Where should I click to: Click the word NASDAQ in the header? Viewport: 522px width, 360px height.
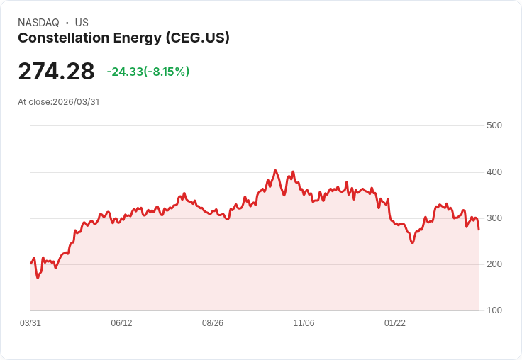(38, 23)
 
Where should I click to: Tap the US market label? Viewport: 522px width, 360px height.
(82, 23)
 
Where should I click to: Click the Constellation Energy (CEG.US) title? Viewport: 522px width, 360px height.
(123, 38)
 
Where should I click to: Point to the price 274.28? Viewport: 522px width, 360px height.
(56, 72)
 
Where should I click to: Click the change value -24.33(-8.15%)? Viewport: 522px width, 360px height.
(148, 72)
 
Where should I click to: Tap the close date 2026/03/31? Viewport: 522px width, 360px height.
(76, 102)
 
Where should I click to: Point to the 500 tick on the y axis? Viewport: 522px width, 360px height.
(494, 125)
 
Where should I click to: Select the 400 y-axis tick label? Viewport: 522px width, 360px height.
(494, 172)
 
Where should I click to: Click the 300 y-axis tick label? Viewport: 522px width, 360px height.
(494, 218)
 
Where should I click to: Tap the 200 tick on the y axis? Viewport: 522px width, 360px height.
(494, 264)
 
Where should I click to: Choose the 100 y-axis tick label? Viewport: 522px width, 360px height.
(494, 310)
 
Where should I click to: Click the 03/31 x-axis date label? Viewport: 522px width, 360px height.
(30, 323)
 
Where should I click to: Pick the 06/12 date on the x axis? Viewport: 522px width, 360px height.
(121, 323)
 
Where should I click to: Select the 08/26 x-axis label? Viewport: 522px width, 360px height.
(213, 323)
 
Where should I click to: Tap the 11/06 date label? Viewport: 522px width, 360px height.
(304, 323)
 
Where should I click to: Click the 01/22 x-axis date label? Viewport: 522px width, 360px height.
(395, 323)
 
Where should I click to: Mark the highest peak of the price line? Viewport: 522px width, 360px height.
(276, 171)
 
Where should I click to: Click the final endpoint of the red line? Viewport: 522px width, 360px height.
(479, 230)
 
